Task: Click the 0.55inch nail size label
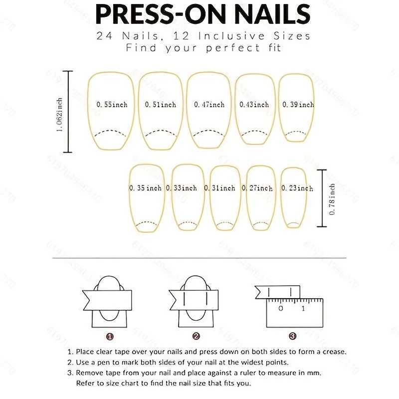tap(112, 105)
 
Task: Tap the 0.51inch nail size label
tap(161, 105)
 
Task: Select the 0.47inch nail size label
tap(209, 105)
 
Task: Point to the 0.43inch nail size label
tap(254, 105)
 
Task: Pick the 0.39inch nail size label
tap(298, 105)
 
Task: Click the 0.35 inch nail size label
tap(146, 188)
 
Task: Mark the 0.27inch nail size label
tap(257, 188)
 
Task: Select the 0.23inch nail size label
tap(297, 188)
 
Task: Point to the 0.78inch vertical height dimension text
tap(332, 199)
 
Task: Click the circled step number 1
tap(110, 336)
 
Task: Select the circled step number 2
tap(196, 336)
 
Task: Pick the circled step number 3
tap(292, 336)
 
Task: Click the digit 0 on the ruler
tap(281, 309)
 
